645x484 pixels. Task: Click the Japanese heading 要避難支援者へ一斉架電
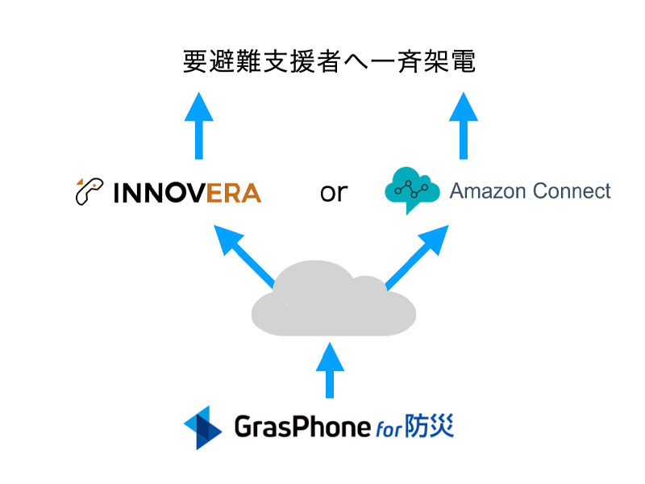[330, 63]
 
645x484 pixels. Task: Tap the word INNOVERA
[187, 193]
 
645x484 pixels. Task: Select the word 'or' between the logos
[333, 192]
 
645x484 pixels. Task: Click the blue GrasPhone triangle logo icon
[202, 427]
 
